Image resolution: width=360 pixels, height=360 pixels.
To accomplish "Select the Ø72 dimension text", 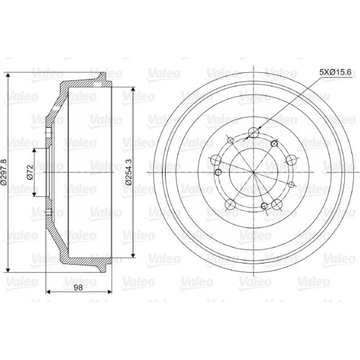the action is tap(30, 172).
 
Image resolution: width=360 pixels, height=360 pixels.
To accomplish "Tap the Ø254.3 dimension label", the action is tap(129, 172).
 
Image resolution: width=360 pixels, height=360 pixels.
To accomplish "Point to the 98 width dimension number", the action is tap(78, 287).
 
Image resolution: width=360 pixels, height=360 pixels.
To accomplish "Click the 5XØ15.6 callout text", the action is tap(336, 72).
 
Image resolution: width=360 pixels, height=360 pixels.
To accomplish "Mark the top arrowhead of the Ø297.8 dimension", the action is tap(8, 76).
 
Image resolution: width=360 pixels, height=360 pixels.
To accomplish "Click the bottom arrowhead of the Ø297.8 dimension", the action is tap(8, 270).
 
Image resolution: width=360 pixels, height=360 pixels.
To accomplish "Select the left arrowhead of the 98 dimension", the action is tap(49, 292).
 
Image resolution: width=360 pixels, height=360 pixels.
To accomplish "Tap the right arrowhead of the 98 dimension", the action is tap(109, 292).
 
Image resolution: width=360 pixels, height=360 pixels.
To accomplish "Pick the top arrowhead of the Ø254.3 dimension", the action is tap(133, 90).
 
